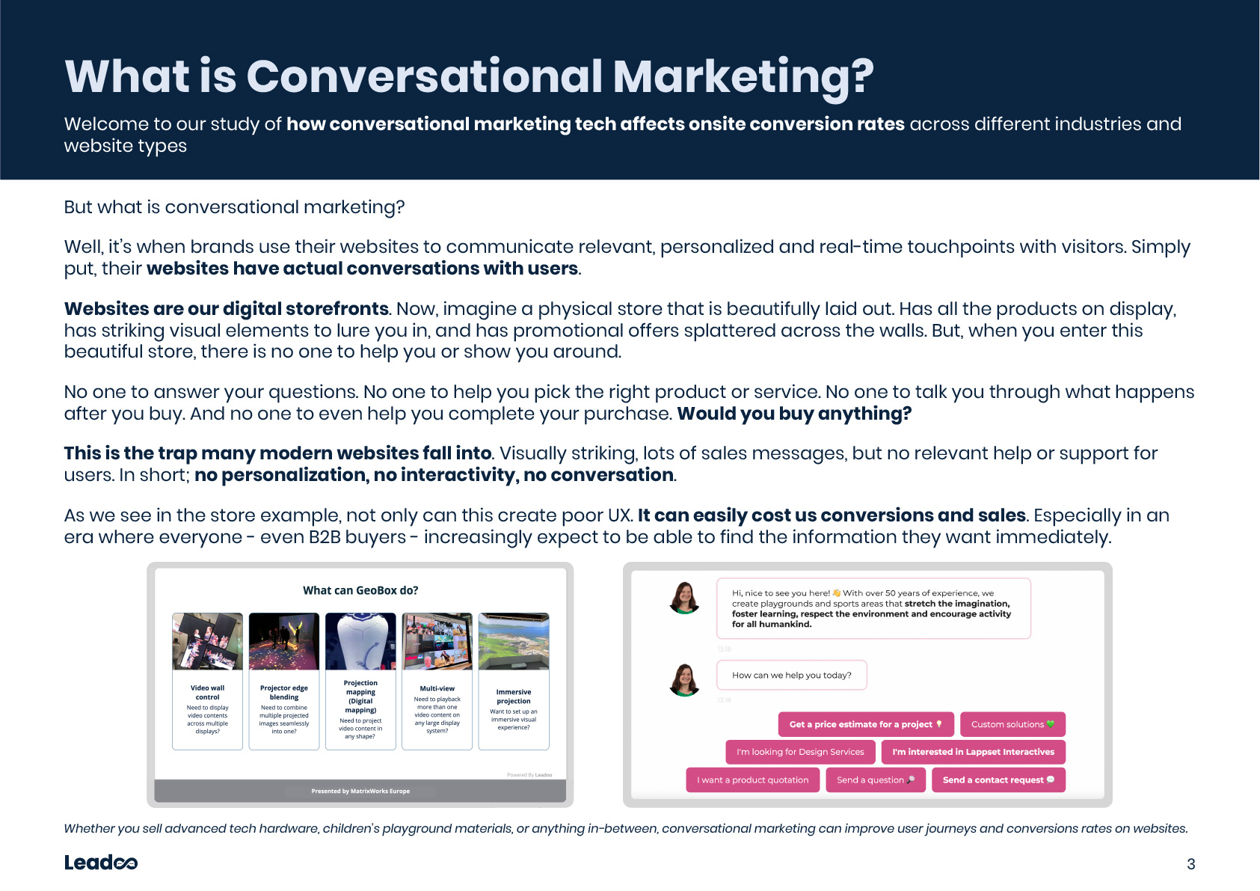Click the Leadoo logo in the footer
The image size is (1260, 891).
(101, 862)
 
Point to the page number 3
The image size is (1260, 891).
(1190, 864)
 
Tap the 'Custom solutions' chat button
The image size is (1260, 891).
(1012, 724)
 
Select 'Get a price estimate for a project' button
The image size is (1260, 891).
(866, 724)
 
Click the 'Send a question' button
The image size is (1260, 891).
(875, 780)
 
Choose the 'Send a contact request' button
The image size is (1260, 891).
(998, 780)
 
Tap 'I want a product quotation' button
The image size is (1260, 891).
(752, 780)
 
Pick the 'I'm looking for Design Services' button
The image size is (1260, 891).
(800, 752)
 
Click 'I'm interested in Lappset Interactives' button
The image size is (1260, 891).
(973, 752)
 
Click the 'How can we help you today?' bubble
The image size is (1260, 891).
(791, 675)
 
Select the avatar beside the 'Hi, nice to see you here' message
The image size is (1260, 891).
(684, 598)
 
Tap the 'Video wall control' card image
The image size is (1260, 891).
(208, 642)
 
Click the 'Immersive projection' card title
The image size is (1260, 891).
(514, 696)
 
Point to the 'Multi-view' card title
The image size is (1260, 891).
(437, 688)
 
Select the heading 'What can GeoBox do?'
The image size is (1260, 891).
(360, 590)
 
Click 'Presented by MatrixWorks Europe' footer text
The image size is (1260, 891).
(360, 791)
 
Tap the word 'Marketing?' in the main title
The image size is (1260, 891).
(743, 78)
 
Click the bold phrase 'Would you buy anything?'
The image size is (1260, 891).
(794, 414)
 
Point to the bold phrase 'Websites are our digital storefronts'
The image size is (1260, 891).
(226, 309)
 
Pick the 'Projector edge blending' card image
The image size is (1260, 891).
(284, 642)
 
